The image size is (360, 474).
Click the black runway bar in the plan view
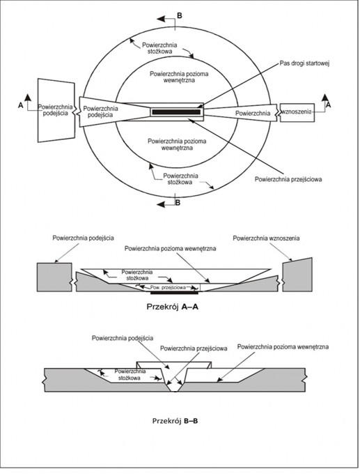point(176,112)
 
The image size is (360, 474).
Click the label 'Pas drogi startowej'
point(304,63)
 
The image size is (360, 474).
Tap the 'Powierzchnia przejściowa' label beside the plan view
point(288,179)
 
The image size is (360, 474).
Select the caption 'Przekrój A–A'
point(173,307)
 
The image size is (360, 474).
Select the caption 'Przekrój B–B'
point(175,421)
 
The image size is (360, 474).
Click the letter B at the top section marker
point(180,15)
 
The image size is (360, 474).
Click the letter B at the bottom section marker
point(178,203)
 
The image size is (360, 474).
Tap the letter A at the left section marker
point(20,105)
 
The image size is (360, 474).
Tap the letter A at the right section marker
point(328,105)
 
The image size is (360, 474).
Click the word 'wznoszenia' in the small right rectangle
point(296,112)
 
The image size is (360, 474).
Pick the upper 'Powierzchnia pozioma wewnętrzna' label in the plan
point(179,77)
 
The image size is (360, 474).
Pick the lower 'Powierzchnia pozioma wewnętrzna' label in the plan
point(177,144)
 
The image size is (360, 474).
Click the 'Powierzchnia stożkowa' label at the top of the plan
point(159,48)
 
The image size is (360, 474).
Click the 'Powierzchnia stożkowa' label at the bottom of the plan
point(180,179)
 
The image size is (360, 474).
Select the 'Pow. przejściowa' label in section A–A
point(168,287)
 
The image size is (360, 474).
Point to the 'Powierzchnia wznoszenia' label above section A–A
point(266,238)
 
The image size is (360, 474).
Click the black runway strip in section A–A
point(175,293)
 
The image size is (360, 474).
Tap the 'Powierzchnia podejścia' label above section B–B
point(123,338)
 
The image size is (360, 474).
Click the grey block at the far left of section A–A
point(54,277)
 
